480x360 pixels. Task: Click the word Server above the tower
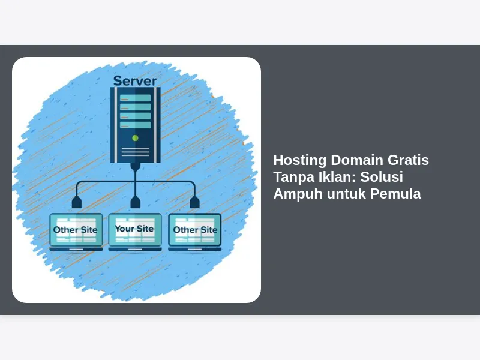pyautogui.click(x=135, y=81)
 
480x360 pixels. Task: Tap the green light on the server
pyautogui.click(x=135, y=138)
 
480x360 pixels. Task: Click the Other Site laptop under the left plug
pyautogui.click(x=76, y=232)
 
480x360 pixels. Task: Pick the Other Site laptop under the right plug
pyautogui.click(x=194, y=232)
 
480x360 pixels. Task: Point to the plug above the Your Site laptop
pyautogui.click(x=136, y=203)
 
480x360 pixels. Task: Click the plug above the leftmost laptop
pyautogui.click(x=77, y=203)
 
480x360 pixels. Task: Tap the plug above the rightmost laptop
pyautogui.click(x=194, y=203)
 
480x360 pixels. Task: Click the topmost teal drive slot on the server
pyautogui.click(x=136, y=98)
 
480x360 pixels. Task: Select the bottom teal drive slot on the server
pyautogui.click(x=136, y=125)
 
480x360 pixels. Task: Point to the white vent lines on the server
pyautogui.click(x=136, y=152)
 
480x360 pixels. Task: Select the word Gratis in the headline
pyautogui.click(x=409, y=160)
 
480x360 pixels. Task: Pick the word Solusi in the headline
pyautogui.click(x=382, y=176)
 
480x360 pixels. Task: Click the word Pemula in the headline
pyautogui.click(x=395, y=193)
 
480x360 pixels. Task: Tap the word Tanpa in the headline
pyautogui.click(x=293, y=177)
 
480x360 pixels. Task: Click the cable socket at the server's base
pyautogui.click(x=136, y=167)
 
